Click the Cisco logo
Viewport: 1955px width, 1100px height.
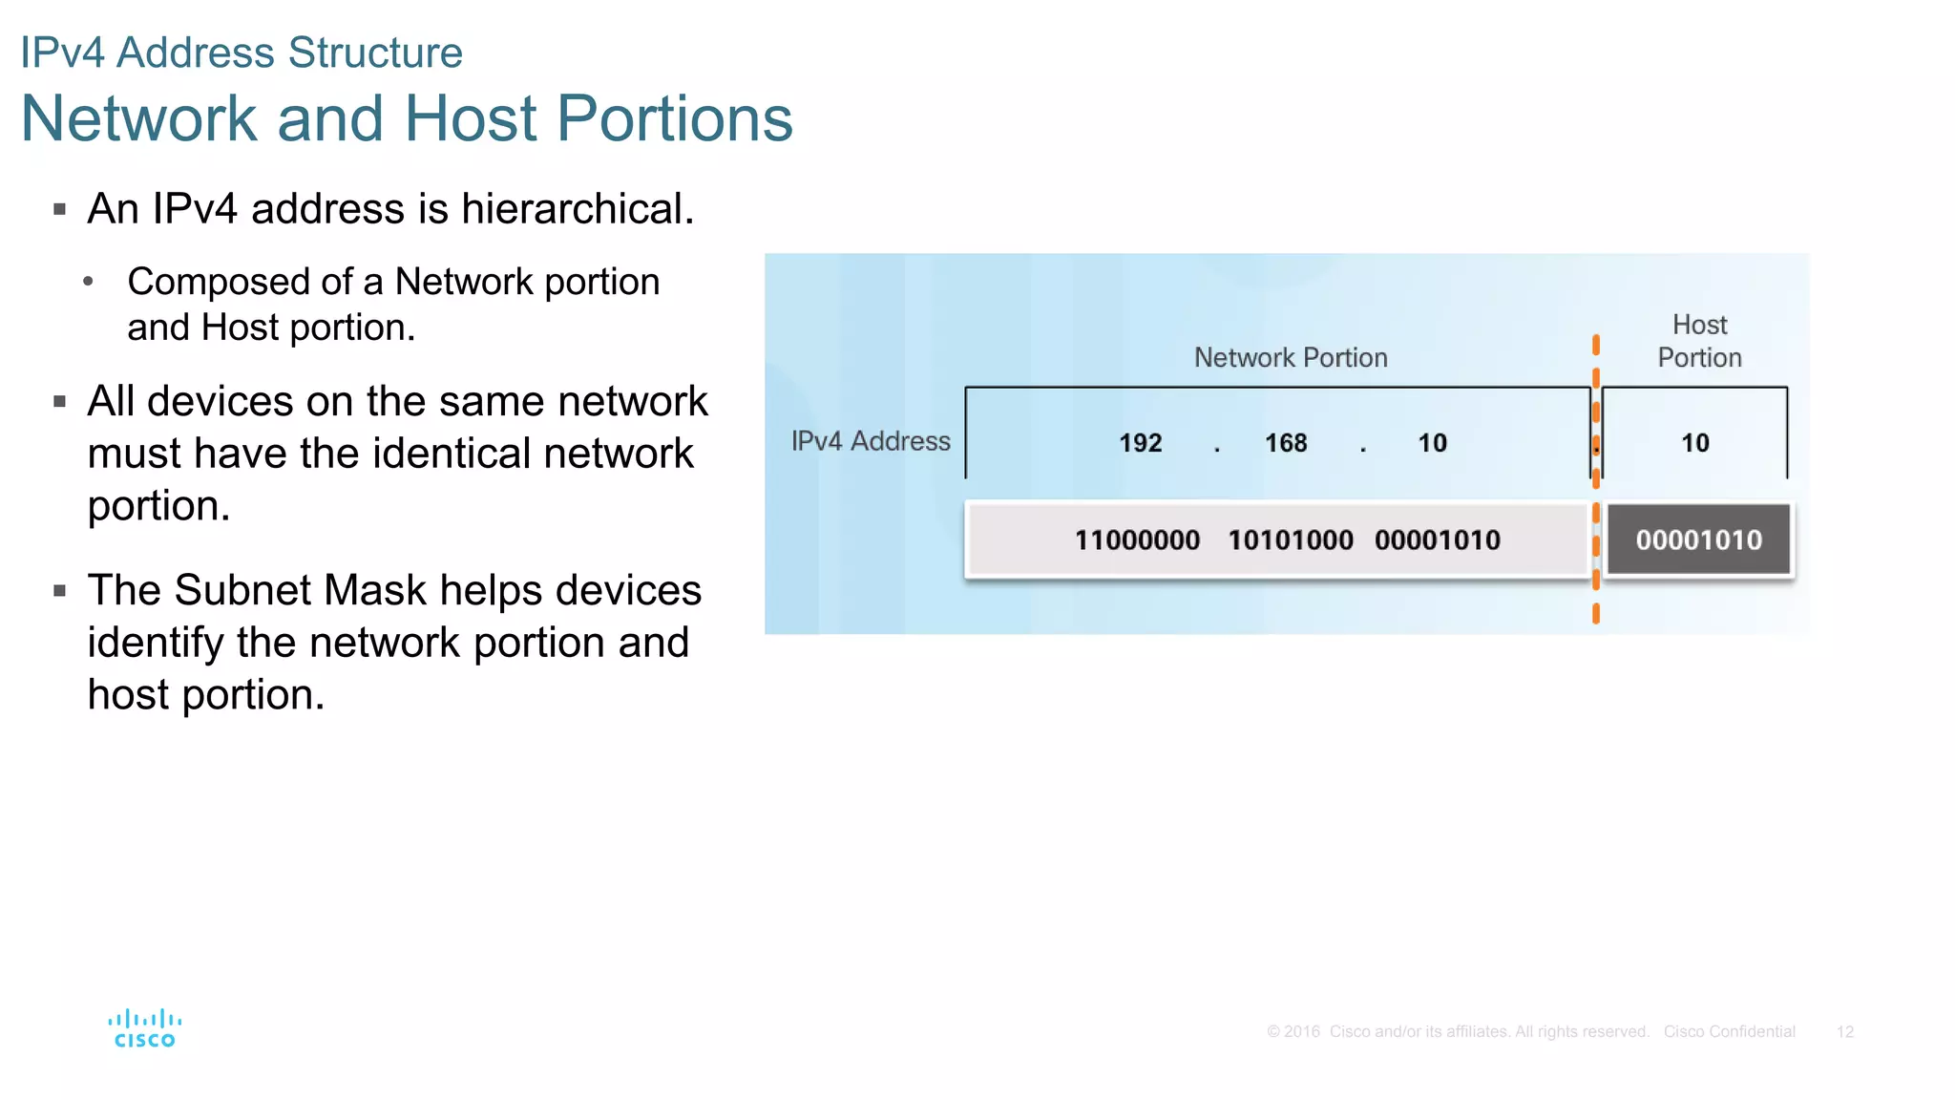144,1028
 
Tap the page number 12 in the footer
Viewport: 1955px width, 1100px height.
1844,1031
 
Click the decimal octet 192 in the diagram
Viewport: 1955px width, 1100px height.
1140,443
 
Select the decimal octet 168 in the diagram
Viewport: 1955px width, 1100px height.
1286,443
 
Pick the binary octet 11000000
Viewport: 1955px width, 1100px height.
1137,540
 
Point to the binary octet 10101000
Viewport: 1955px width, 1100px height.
1291,540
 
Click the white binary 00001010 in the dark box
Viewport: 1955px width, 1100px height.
1698,540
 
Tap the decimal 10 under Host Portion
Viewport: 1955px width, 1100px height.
1695,443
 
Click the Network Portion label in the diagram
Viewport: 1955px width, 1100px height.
1291,358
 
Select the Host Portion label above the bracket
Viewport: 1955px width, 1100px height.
1699,341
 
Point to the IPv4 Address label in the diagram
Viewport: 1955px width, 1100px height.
871,441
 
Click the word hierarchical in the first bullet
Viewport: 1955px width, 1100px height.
577,209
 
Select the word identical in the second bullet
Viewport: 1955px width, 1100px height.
452,454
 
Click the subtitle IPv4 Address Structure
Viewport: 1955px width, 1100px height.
242,53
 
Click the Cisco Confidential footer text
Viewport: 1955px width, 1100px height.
1729,1031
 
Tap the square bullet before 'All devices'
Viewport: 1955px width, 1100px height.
60,402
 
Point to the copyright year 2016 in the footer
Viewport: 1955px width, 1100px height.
1301,1031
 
